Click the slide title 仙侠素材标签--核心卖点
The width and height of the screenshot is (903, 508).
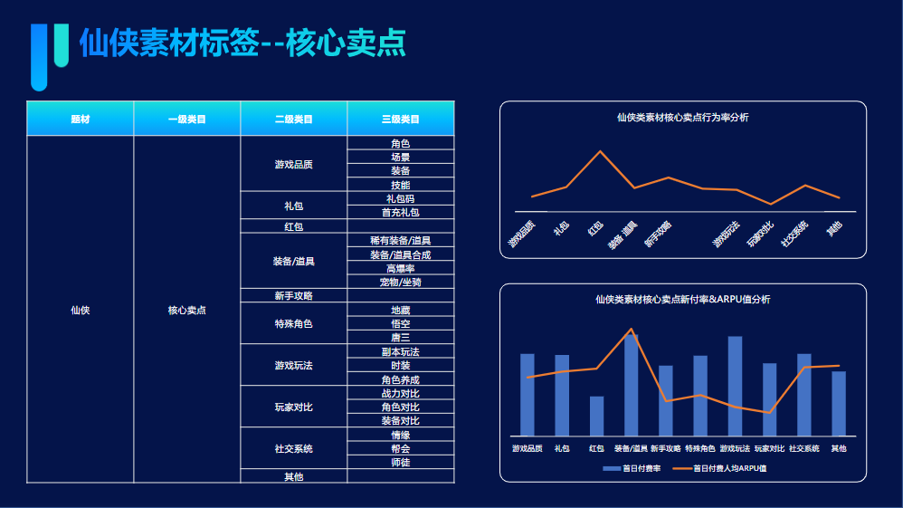click(x=242, y=43)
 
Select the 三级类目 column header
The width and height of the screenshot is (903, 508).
click(x=400, y=119)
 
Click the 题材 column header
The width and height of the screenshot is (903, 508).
click(x=81, y=119)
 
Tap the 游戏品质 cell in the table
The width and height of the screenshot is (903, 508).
click(x=293, y=164)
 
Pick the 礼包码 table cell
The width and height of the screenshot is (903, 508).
click(x=400, y=198)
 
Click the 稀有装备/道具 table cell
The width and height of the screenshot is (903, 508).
click(x=400, y=241)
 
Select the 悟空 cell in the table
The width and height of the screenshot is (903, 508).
click(x=400, y=323)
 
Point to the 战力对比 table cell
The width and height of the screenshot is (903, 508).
click(x=400, y=393)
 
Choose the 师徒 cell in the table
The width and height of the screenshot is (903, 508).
click(x=400, y=462)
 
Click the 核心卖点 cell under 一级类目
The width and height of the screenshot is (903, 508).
click(x=186, y=310)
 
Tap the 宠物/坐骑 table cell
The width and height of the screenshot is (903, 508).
click(x=400, y=283)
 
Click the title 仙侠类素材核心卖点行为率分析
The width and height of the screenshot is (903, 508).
click(x=682, y=117)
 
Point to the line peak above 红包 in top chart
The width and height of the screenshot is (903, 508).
click(x=599, y=151)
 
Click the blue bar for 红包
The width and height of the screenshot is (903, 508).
click(x=596, y=417)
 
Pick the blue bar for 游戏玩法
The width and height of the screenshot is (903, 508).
click(x=735, y=386)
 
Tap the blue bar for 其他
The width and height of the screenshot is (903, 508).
click(x=839, y=404)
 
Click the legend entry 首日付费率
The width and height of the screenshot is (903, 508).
click(x=632, y=468)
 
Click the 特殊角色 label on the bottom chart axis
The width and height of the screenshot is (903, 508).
click(x=699, y=448)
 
